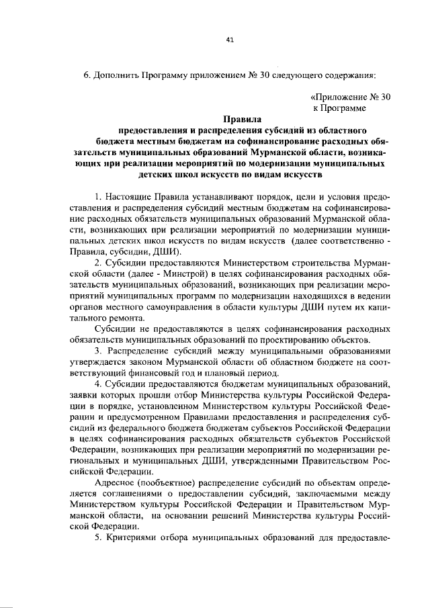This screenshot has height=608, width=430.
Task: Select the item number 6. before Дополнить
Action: pyautogui.click(x=87, y=75)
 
